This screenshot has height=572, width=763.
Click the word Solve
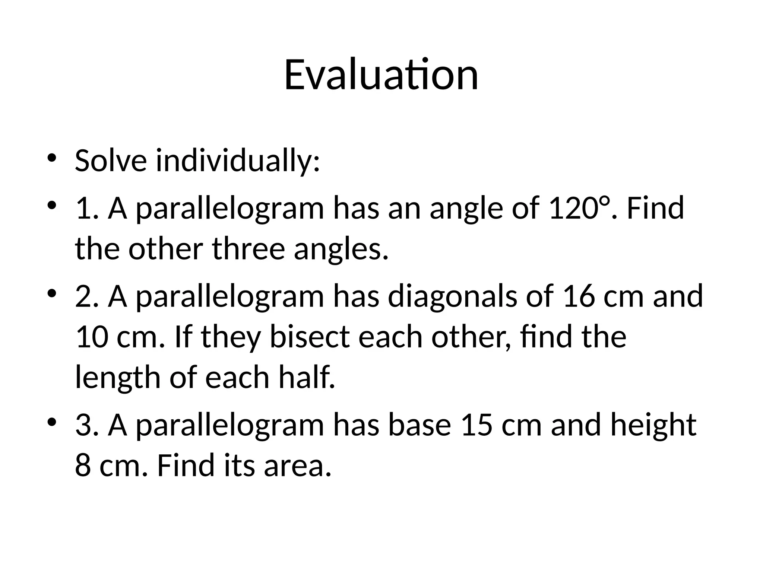[x=111, y=161]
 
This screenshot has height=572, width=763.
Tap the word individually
[x=237, y=161]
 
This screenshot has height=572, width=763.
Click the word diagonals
[x=452, y=296]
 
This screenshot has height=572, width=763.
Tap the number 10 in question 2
[x=92, y=337]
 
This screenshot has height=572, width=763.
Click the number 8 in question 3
[x=83, y=465]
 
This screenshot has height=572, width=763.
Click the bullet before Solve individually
[x=51, y=158]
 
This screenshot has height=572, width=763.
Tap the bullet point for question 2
[x=51, y=293]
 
